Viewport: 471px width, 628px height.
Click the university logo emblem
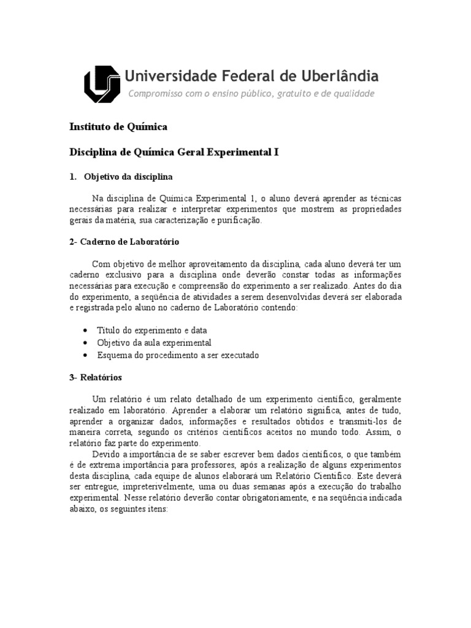pyautogui.click(x=102, y=85)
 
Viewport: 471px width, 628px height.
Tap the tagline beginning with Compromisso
pyautogui.click(x=251, y=94)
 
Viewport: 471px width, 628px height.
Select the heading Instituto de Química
pyautogui.click(x=118, y=127)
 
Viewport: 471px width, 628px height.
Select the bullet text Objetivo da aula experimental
pyautogui.click(x=154, y=342)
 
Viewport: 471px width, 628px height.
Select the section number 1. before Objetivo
pyautogui.click(x=72, y=177)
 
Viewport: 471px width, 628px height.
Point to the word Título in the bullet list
pyautogui.click(x=109, y=330)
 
